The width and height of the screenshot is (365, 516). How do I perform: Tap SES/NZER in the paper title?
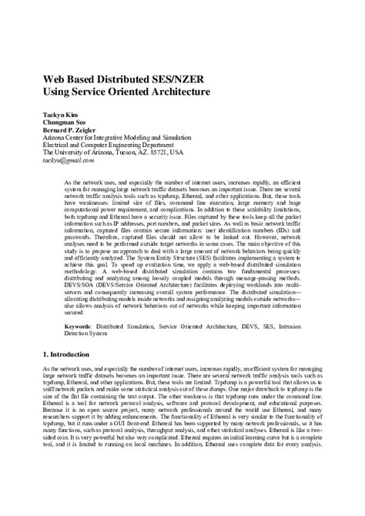(x=186, y=77)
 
